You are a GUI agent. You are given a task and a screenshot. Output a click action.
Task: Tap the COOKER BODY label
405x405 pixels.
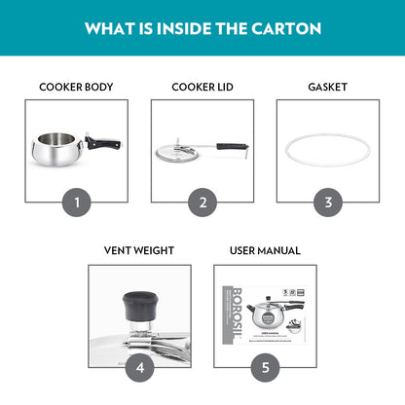76,87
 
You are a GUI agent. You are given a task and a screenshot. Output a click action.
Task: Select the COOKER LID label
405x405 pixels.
202,87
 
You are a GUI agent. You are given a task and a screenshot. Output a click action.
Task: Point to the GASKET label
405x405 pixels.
328,87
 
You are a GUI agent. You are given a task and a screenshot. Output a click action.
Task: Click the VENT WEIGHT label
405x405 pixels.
139,250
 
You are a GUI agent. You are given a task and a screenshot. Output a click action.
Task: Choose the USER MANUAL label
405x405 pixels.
265,250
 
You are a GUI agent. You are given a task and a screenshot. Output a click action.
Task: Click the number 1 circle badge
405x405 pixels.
76,202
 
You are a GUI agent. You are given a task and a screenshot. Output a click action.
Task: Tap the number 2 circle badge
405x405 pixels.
202,202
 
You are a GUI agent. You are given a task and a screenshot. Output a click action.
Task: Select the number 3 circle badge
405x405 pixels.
328,202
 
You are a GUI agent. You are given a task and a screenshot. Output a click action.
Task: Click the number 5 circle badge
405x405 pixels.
265,367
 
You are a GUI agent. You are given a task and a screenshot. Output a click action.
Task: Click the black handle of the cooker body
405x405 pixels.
105,144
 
